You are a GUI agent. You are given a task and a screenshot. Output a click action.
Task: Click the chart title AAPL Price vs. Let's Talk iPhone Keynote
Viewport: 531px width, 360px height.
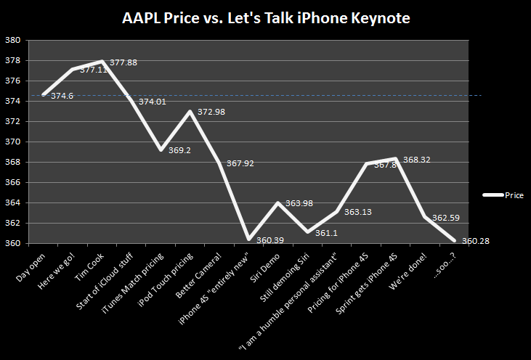click(265, 17)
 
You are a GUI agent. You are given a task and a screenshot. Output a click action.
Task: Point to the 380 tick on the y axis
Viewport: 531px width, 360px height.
click(14, 41)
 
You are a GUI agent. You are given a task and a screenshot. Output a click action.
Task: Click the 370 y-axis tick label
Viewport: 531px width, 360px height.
click(14, 142)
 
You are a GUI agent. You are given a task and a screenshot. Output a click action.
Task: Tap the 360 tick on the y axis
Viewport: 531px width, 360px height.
click(14, 244)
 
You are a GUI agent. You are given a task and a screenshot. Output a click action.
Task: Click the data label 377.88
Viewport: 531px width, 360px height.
click(123, 62)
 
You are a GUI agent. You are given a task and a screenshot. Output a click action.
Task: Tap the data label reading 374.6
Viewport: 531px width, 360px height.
click(62, 96)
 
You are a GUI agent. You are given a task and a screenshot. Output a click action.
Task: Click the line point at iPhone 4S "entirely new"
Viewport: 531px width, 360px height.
click(249, 239)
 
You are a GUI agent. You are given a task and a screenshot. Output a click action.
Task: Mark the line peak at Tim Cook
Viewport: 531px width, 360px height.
click(102, 62)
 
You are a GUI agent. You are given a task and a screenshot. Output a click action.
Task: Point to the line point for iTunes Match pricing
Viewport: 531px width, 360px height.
click(161, 150)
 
